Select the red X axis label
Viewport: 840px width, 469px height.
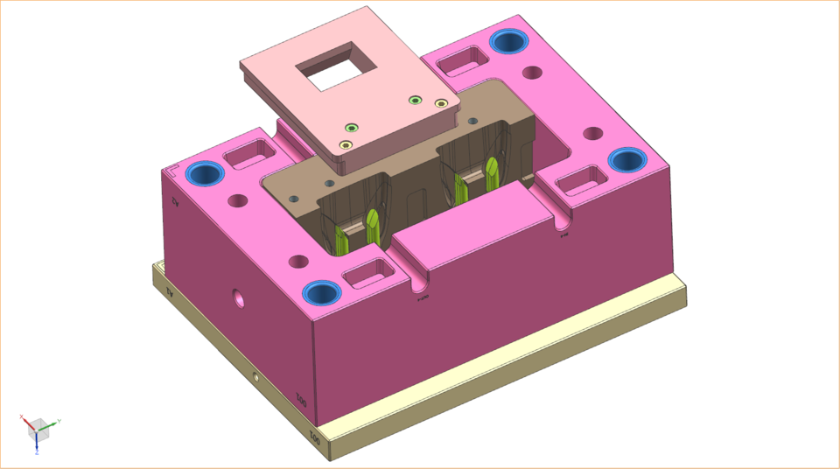pos(21,417)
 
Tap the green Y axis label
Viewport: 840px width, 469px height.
pos(58,421)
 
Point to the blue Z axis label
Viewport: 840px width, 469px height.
pos(37,452)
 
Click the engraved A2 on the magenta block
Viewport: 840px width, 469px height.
pos(174,203)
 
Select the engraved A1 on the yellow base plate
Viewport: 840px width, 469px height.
pos(171,295)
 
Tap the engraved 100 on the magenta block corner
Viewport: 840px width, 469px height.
pos(302,402)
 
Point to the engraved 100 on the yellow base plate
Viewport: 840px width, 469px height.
pos(315,435)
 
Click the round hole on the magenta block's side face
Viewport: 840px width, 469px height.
pos(236,299)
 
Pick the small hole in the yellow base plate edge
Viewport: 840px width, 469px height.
pos(255,377)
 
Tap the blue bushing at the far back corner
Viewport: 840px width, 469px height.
pos(508,41)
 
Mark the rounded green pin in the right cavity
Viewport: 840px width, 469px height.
pos(492,171)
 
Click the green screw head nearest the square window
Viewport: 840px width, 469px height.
pos(350,128)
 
